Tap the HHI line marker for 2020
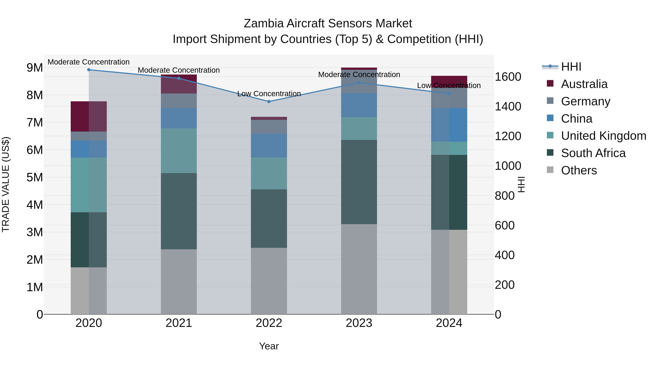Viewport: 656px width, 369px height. [89, 70]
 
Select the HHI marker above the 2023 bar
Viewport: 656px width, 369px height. [359, 83]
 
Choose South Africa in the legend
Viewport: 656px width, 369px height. [593, 153]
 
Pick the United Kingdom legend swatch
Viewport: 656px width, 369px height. [550, 136]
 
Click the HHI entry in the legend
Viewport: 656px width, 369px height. [571, 67]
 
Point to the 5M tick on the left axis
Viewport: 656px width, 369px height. [35, 177]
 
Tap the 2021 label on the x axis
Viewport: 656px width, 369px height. [179, 323]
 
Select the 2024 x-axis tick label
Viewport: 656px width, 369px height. [449, 323]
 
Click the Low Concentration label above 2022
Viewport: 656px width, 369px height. [269, 94]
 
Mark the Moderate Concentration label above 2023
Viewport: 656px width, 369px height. [359, 75]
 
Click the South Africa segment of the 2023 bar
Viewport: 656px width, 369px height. [359, 182]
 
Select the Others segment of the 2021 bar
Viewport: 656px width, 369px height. [179, 281]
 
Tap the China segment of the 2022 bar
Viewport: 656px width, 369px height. [269, 146]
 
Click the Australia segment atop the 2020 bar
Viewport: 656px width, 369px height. [89, 116]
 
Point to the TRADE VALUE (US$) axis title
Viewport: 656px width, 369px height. [6, 184]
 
